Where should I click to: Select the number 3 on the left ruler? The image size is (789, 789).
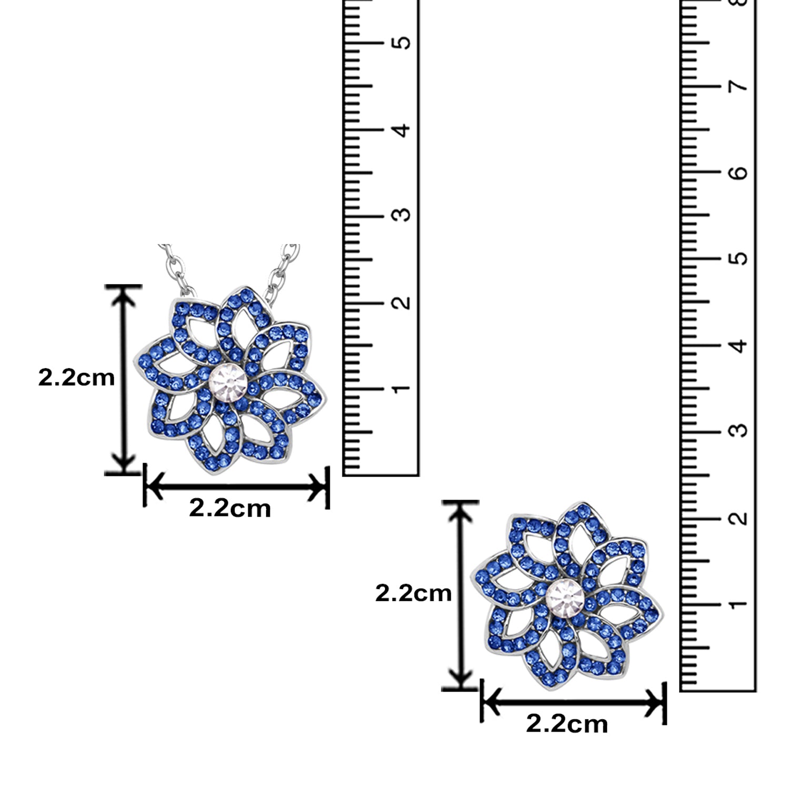click(x=402, y=215)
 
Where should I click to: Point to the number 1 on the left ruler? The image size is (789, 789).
click(x=402, y=388)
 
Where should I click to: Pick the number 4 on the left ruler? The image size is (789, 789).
click(x=402, y=129)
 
